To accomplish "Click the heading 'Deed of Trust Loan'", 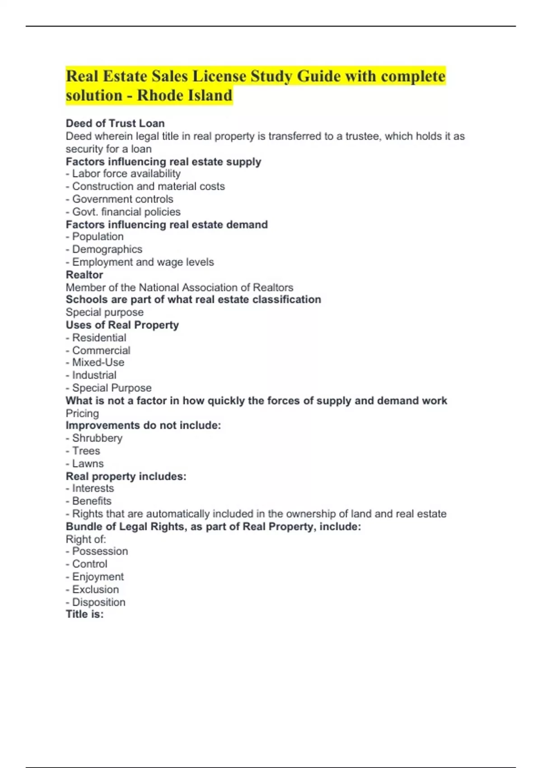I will point(115,123).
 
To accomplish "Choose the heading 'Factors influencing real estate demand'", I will point(167,225).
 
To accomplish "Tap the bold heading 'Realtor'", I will point(84,275).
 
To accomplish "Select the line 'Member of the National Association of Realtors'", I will point(179,287).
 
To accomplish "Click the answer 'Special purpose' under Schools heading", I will point(105,312).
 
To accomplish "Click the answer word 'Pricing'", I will point(82,413).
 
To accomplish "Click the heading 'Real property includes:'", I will point(126,476).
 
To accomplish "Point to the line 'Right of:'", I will point(86,539).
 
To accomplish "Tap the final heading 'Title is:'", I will point(85,614).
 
